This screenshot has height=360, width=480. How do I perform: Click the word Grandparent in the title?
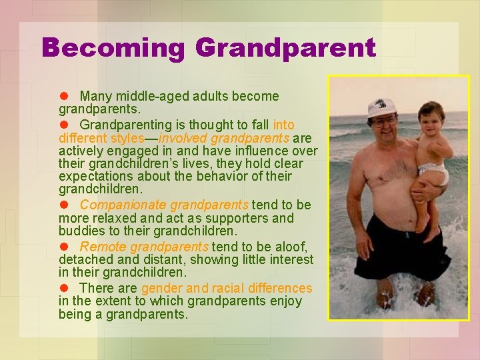coord(285,48)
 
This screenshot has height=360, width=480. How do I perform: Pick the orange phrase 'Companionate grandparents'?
coord(164,205)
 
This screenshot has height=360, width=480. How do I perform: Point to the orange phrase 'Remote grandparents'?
coord(144,247)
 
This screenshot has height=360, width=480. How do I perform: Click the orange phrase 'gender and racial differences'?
coord(227,288)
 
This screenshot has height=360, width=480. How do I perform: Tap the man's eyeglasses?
coord(383,121)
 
